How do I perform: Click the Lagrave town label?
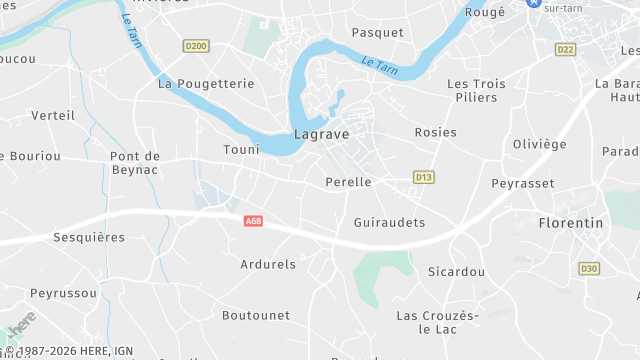point(320,133)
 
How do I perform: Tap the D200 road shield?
point(196,46)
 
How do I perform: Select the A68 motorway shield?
point(253,221)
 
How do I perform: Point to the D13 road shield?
point(424,177)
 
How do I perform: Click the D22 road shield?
point(566,49)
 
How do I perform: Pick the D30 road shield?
point(589,268)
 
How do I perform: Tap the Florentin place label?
point(571,223)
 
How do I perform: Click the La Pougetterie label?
point(207,84)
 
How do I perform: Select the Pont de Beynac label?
point(135,163)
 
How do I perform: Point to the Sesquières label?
point(90,238)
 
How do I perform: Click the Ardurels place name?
point(268,265)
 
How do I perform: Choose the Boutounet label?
point(256,315)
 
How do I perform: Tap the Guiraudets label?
point(390,222)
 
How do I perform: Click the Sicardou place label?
point(456,272)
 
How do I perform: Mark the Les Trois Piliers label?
point(477,91)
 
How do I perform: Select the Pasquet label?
point(378,33)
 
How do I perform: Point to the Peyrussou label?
point(64,293)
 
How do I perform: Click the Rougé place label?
point(485,13)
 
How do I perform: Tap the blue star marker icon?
point(534,4)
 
